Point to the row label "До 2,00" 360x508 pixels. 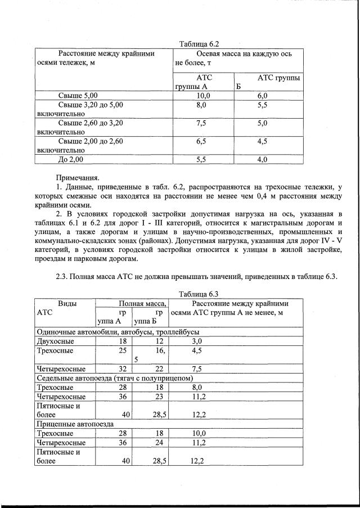pyautogui.click(x=70, y=160)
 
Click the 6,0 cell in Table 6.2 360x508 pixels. pyautogui.click(x=262, y=96)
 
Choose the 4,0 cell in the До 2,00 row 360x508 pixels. pyautogui.click(x=262, y=160)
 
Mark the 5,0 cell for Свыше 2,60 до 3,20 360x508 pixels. pyautogui.click(x=262, y=123)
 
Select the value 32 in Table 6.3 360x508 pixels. pyautogui.click(x=121, y=369)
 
